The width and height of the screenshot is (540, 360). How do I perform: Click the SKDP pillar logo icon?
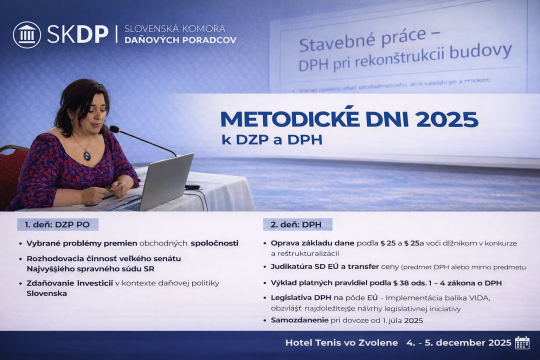27,34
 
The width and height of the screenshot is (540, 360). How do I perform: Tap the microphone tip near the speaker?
112,129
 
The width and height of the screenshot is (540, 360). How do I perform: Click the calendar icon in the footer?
521,344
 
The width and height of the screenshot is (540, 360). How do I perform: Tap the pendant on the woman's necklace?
88,156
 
